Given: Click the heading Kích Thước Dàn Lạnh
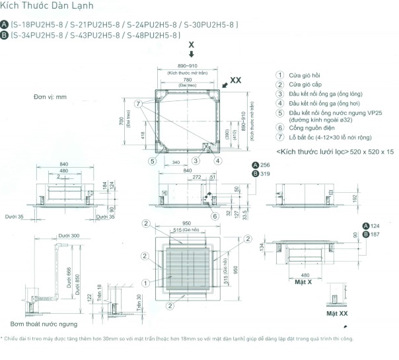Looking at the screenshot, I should [x=40, y=9].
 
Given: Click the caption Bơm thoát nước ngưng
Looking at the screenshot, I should [x=44, y=324].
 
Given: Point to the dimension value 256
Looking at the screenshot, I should [x=266, y=164].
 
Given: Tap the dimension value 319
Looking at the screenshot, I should [x=266, y=174].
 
